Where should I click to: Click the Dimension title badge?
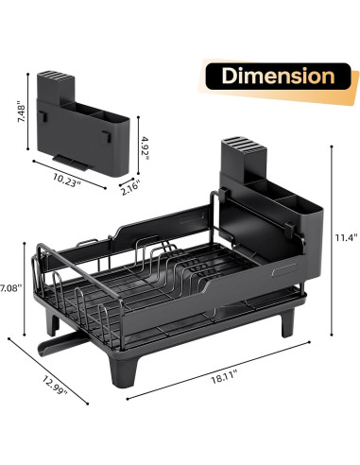click(278, 77)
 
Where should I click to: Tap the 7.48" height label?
click(21, 112)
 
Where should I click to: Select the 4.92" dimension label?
click(145, 147)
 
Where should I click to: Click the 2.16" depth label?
click(129, 188)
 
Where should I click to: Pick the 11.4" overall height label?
click(346, 237)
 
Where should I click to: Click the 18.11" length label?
click(224, 378)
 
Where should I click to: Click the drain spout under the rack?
click(61, 343)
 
